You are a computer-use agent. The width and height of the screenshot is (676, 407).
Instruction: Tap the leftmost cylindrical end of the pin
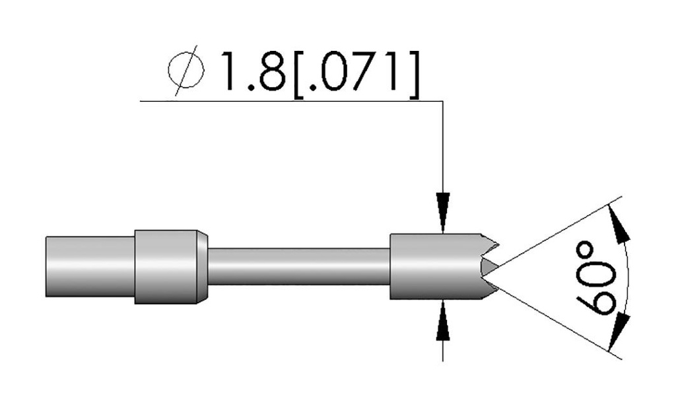click(90, 266)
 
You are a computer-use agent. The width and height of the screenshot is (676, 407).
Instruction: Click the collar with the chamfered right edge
click(168, 266)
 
